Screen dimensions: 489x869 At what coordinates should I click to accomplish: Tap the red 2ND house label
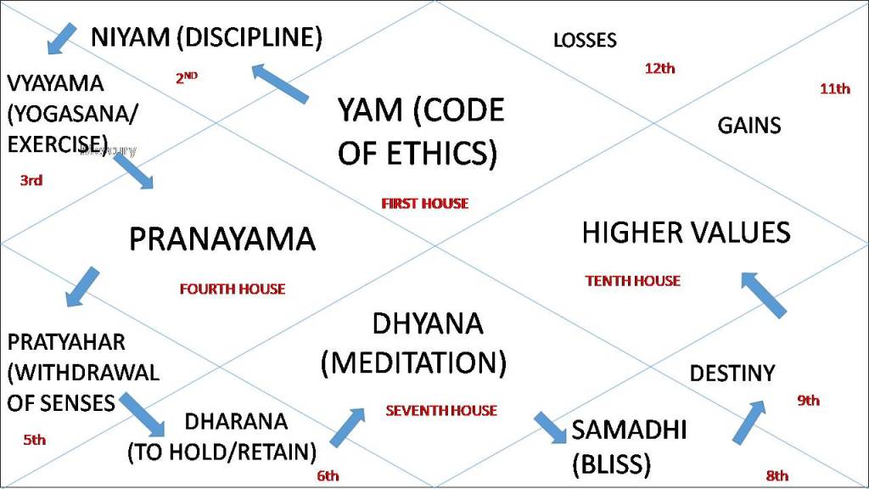[187, 77]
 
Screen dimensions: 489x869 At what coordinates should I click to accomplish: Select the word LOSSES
[585, 40]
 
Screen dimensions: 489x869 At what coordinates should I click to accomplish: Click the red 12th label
[659, 69]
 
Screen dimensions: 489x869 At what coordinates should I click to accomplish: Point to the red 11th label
[834, 88]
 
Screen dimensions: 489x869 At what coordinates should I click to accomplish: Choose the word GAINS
[749, 126]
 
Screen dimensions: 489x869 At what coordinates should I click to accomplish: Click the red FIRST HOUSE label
[424, 204]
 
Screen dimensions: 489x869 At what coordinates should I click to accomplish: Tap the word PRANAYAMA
[221, 239]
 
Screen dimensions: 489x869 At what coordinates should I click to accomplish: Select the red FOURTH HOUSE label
[232, 289]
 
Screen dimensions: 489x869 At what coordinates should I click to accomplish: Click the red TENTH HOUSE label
[632, 281]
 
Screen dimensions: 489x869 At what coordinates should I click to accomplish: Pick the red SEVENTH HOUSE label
[441, 411]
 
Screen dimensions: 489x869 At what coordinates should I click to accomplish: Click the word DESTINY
[732, 374]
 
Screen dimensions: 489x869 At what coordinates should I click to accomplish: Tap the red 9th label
[808, 401]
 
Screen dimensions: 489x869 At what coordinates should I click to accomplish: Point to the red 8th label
[776, 475]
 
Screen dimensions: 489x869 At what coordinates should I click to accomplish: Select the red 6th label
[328, 475]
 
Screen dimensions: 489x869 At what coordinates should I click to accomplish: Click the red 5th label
[35, 440]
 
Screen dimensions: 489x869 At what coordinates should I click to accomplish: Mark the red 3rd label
[31, 180]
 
